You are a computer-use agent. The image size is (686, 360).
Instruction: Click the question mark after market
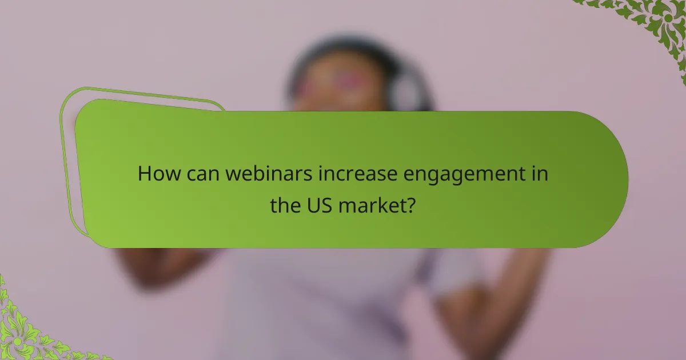tap(410, 206)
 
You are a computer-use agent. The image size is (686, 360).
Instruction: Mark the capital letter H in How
tap(145, 174)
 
